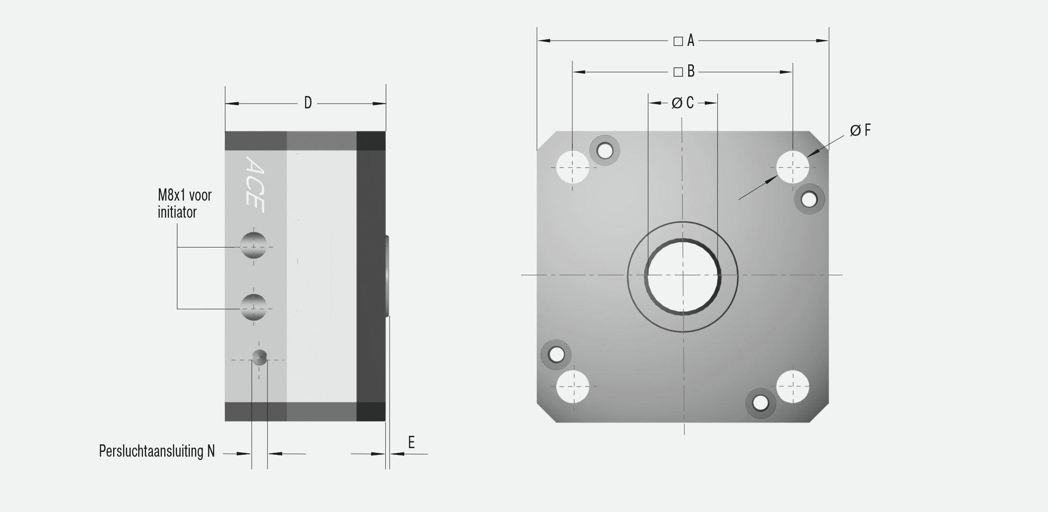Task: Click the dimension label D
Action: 308,103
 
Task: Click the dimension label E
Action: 411,442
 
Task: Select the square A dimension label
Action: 684,41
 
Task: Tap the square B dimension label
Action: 684,71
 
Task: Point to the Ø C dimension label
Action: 682,103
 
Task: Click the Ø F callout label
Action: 860,130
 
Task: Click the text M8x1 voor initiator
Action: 185,203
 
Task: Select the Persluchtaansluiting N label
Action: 157,451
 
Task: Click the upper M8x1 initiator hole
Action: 253,246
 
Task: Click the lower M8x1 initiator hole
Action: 253,307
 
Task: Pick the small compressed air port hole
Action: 259,357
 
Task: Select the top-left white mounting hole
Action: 573,167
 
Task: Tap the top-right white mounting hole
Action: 793,167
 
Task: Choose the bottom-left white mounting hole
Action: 573,387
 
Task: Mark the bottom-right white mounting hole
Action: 793,387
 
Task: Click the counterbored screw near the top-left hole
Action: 604,151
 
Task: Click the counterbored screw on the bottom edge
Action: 761,403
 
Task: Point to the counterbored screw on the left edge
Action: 556,354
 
